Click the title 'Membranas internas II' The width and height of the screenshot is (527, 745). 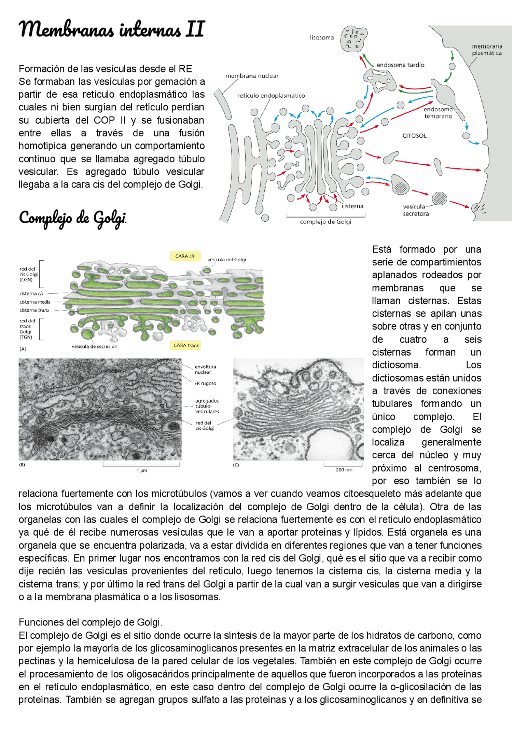coord(112,30)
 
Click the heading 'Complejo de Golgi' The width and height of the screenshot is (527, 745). coord(72,218)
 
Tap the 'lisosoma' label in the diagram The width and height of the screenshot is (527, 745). coord(322,37)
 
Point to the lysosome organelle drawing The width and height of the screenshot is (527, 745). coord(354,39)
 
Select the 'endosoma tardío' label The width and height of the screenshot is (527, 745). coord(400,65)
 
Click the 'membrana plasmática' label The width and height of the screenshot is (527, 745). coord(487,50)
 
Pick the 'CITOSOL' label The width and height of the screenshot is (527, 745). coord(414,136)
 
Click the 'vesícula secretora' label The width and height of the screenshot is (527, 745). coord(415,210)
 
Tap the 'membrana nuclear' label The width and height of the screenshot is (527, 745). coord(252,76)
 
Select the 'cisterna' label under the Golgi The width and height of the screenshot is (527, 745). coord(352,206)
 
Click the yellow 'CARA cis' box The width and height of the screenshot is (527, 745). coord(185,256)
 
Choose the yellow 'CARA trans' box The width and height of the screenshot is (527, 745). coord(186,345)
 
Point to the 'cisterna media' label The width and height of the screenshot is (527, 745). coord(35,302)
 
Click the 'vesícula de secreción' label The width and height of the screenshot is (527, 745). coord(94,347)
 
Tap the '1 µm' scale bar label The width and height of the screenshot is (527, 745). coord(142,470)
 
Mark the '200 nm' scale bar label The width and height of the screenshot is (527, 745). coord(344,470)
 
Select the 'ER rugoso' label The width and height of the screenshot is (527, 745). coord(205,383)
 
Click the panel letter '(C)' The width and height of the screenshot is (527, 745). coord(236,465)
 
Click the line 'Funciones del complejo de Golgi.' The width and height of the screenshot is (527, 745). coord(91,622)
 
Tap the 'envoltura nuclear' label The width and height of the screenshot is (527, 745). coord(205,369)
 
